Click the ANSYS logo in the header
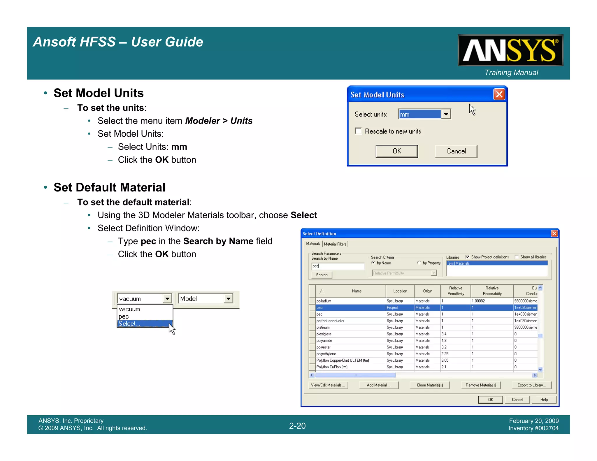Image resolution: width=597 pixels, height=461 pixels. (x=510, y=50)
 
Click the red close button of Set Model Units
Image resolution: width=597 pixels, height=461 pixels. (x=499, y=94)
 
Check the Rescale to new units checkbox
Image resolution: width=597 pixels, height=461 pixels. (x=358, y=131)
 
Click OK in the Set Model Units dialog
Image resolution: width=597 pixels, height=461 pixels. (x=396, y=151)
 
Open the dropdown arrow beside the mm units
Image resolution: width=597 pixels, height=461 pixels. (x=446, y=114)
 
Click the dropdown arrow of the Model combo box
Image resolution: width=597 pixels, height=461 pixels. (x=229, y=299)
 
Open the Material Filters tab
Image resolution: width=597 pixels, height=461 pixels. (x=335, y=244)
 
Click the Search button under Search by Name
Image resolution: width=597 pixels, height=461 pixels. (x=322, y=275)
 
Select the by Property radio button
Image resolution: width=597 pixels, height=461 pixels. (x=419, y=263)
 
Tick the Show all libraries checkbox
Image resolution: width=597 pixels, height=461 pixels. (x=517, y=257)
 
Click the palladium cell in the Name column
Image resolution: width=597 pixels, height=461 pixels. (x=324, y=301)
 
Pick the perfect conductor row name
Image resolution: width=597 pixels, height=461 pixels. (x=330, y=321)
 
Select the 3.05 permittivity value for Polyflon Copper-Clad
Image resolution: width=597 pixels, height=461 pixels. (x=445, y=360)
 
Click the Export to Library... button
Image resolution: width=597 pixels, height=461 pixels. (x=531, y=385)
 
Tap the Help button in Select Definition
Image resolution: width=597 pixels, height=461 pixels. (x=544, y=400)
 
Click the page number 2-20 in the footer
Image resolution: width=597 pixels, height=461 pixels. (x=297, y=426)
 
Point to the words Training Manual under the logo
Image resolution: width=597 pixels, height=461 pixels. (x=511, y=73)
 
